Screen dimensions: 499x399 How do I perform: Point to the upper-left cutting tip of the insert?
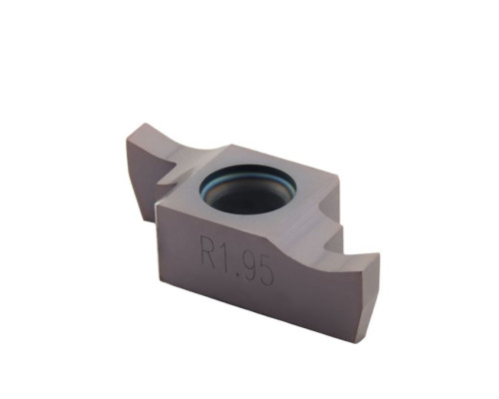coord(144,124)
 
